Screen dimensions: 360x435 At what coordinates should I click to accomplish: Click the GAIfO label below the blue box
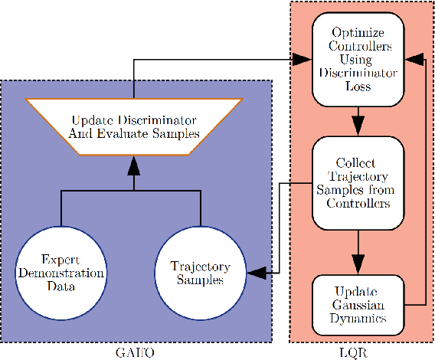pyautogui.click(x=136, y=352)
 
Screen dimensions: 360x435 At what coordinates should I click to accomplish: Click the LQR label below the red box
pyautogui.click(x=357, y=352)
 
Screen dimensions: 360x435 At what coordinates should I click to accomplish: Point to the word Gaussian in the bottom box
pyautogui.click(x=357, y=305)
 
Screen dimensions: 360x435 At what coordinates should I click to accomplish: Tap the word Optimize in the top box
pyautogui.click(x=357, y=33)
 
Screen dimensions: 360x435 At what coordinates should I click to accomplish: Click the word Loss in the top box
pyautogui.click(x=357, y=87)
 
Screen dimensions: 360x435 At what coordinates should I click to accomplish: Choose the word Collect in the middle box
pyautogui.click(x=357, y=162)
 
